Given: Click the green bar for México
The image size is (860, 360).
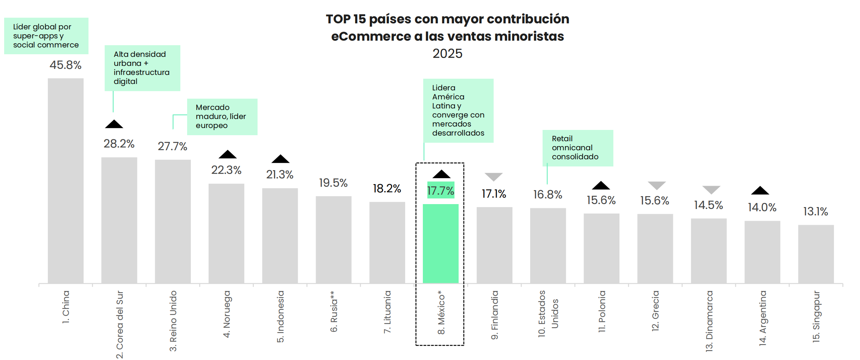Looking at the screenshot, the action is (441, 244).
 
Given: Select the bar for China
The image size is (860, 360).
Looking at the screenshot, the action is (66, 181).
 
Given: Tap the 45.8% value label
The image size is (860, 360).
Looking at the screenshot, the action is (66, 65).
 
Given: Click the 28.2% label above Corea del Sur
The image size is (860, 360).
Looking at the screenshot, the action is (119, 143).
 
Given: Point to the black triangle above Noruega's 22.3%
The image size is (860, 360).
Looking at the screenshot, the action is (228, 154).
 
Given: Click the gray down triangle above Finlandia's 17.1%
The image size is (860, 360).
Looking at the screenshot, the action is (494, 177).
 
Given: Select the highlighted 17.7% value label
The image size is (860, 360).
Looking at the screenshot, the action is (441, 191).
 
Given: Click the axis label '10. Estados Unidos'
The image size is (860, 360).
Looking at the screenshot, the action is (548, 314).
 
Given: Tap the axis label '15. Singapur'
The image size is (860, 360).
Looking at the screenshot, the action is (816, 317).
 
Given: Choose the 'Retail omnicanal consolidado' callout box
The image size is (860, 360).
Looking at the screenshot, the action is (578, 148).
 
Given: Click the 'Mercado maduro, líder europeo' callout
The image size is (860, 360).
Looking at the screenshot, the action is (222, 117).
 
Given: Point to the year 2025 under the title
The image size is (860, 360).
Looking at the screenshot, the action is (447, 53).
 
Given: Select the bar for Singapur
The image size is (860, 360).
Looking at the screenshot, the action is (816, 254).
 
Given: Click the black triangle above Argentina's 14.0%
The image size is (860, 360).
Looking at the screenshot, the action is (760, 191).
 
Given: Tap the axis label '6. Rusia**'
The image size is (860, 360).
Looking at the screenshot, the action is (334, 311).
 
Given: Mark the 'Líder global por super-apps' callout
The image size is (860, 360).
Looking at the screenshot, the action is (46, 36).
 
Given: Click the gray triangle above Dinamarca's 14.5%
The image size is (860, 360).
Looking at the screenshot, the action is (711, 189).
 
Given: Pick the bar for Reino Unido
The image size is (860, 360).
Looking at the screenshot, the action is (173, 221).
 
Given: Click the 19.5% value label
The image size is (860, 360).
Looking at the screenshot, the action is (333, 183).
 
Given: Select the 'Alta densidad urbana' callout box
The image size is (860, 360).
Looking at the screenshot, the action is (142, 68).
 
